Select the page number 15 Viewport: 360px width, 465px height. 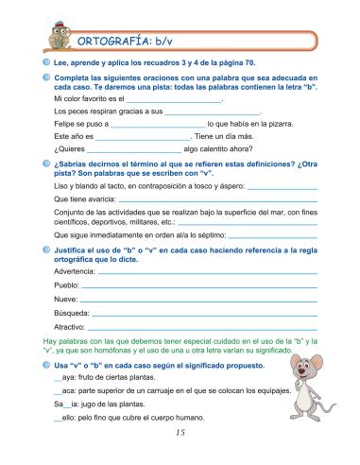point(180,434)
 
